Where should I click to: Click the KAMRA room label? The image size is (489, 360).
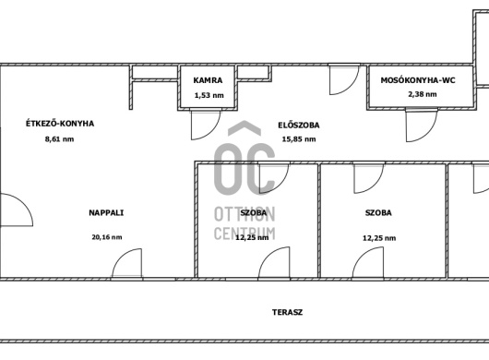208,80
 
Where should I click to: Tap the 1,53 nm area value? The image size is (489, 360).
209,95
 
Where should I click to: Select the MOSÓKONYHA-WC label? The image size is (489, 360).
418,80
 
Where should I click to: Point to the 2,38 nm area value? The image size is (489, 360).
423,94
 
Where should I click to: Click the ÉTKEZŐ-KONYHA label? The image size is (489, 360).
60,124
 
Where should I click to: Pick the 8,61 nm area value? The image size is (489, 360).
60,139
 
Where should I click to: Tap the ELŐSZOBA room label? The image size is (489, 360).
299,126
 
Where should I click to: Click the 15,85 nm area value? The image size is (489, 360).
299,139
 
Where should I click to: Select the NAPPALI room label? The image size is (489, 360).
106,212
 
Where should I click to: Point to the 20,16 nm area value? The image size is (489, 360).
107,237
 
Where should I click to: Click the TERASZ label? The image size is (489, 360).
287,312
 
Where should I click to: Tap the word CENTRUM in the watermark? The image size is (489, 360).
244,234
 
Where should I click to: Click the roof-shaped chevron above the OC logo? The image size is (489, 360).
244,128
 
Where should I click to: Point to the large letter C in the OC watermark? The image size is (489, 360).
268,169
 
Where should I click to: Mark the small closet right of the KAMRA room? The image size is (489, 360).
254,72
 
